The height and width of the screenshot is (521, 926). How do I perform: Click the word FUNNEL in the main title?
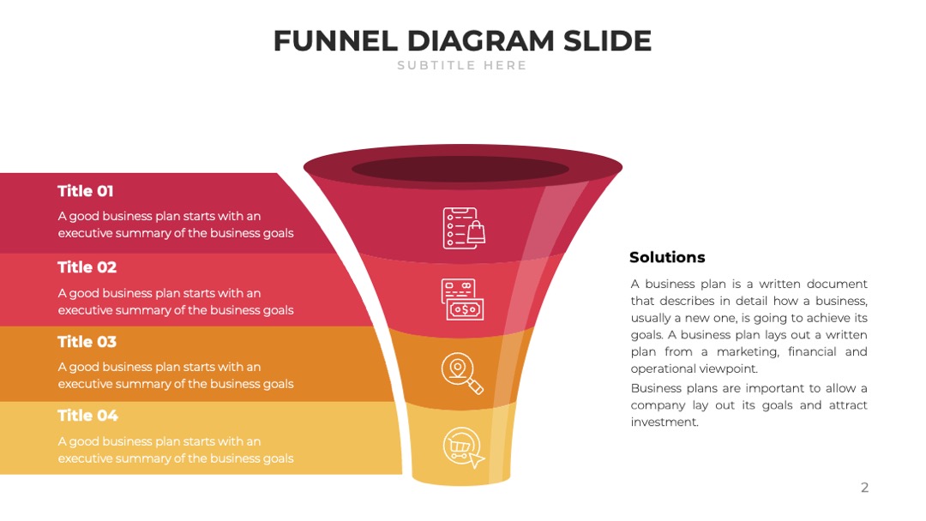point(335,41)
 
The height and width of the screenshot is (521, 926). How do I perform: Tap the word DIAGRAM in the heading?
point(481,41)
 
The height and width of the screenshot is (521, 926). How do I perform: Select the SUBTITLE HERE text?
point(462,65)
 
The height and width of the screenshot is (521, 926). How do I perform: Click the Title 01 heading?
point(86,191)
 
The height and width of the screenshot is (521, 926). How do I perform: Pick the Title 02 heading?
point(87,267)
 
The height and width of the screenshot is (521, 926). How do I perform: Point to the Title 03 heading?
point(87,342)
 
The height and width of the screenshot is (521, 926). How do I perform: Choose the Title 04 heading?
point(88,416)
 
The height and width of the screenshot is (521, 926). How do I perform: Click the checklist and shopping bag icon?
point(464,228)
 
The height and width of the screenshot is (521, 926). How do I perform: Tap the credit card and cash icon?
point(462,300)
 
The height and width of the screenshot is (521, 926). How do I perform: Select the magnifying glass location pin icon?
point(462,373)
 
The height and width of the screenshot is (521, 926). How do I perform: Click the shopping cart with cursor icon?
point(464,447)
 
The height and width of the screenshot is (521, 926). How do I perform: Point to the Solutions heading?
point(667,257)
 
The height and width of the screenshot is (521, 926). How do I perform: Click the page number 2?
point(864,488)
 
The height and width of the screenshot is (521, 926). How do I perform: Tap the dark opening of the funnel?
point(460,170)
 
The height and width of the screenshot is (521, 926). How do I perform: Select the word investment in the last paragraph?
point(664,422)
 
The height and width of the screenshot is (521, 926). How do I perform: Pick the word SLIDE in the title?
point(608,41)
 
